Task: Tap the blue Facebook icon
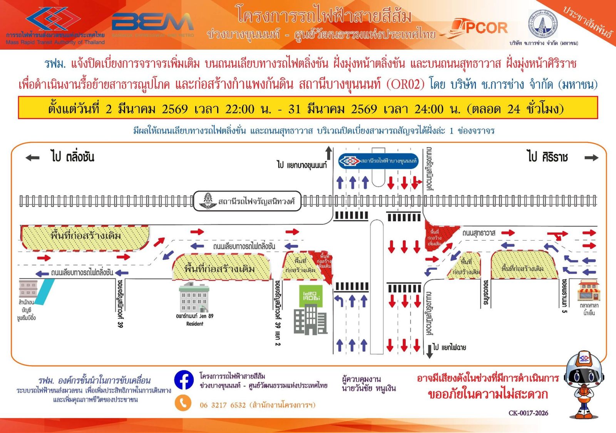click(x=184, y=380)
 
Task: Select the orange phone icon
click(x=183, y=403)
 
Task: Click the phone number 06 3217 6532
click(x=223, y=405)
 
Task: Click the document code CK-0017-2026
click(x=528, y=413)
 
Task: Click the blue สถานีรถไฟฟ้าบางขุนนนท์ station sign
click(x=378, y=161)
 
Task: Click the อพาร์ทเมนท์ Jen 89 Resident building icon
click(x=194, y=298)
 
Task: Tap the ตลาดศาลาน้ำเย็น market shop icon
click(x=588, y=291)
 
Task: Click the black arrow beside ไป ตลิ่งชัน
click(x=32, y=157)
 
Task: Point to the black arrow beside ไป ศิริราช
click(x=591, y=157)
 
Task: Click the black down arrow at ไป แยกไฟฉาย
click(x=429, y=351)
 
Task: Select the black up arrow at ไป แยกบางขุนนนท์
click(x=328, y=153)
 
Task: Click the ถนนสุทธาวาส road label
click(x=479, y=233)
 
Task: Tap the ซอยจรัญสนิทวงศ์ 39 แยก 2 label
click(x=278, y=312)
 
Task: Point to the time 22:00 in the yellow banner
click(x=240, y=109)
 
